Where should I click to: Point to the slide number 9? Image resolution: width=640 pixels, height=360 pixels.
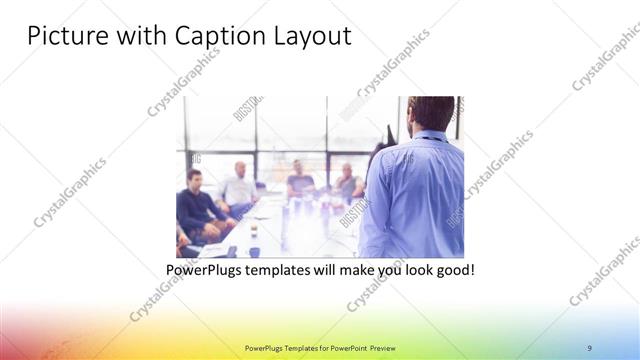[590, 347]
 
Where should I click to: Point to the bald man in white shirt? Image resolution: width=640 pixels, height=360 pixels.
[240, 185]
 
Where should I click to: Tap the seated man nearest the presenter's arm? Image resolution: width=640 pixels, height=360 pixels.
[348, 182]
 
